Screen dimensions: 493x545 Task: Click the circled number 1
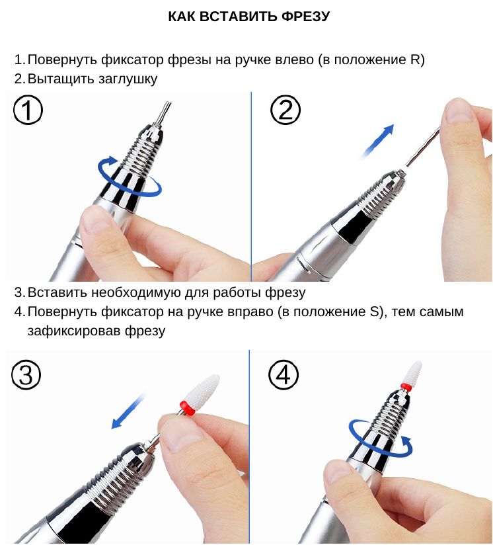(28, 110)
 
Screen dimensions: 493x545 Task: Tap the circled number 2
(285, 110)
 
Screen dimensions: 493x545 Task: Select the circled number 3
(26, 375)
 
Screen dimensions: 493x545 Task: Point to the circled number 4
(284, 375)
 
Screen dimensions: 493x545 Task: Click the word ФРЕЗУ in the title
(305, 17)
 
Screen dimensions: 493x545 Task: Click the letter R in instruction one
(414, 60)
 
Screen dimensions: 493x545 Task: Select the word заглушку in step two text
(128, 79)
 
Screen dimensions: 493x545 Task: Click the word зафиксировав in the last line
(74, 331)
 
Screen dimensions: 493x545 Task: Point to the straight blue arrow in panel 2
(377, 141)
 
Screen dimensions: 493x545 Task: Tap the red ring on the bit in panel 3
(186, 407)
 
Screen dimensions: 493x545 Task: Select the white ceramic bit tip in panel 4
(413, 372)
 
